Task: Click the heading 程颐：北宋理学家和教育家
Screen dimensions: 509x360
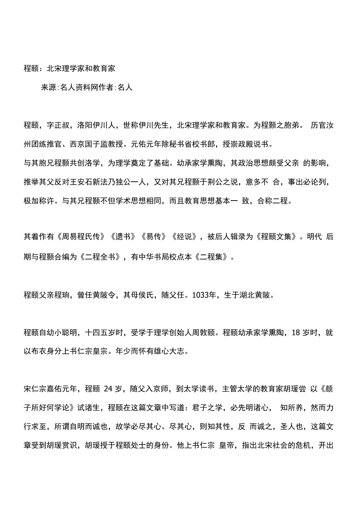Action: point(70,68)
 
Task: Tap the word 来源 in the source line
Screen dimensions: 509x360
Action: point(49,88)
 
